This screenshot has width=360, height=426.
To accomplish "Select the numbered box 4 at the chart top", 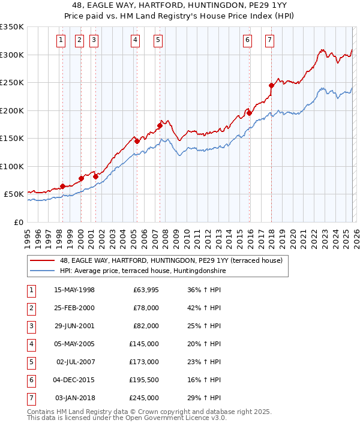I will click(136, 40).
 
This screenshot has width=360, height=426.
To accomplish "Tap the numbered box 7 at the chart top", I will click(269, 40).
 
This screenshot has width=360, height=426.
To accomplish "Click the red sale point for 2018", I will click(271, 85).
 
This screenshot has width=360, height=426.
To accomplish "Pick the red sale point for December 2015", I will click(249, 113).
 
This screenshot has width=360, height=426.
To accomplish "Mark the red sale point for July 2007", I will click(160, 125).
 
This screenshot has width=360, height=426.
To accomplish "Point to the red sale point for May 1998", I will click(62, 186).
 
